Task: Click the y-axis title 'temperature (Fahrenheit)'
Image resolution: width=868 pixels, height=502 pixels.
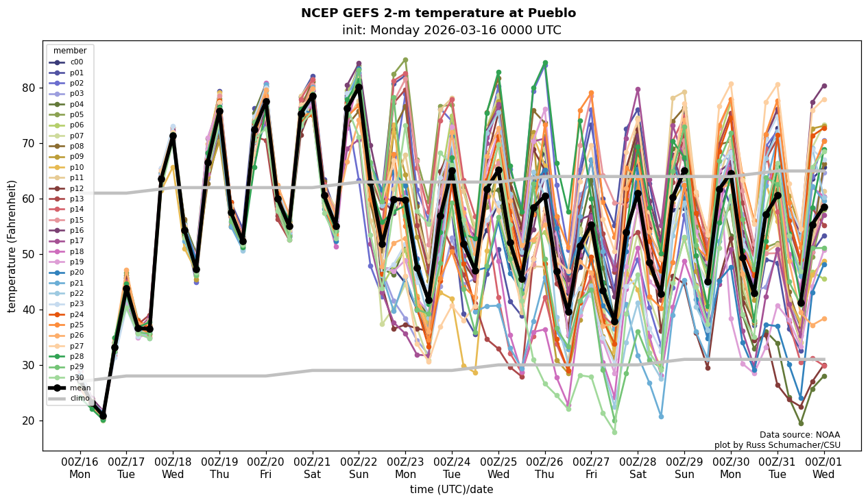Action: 12,246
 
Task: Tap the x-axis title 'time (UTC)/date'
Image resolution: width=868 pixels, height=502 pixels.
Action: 451,489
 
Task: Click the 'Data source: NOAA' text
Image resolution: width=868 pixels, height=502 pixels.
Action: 799,435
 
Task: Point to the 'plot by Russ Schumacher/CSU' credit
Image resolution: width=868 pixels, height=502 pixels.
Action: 777,445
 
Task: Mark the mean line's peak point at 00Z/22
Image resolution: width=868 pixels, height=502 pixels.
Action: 359,87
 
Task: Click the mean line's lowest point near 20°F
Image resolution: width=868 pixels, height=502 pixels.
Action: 103,416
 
